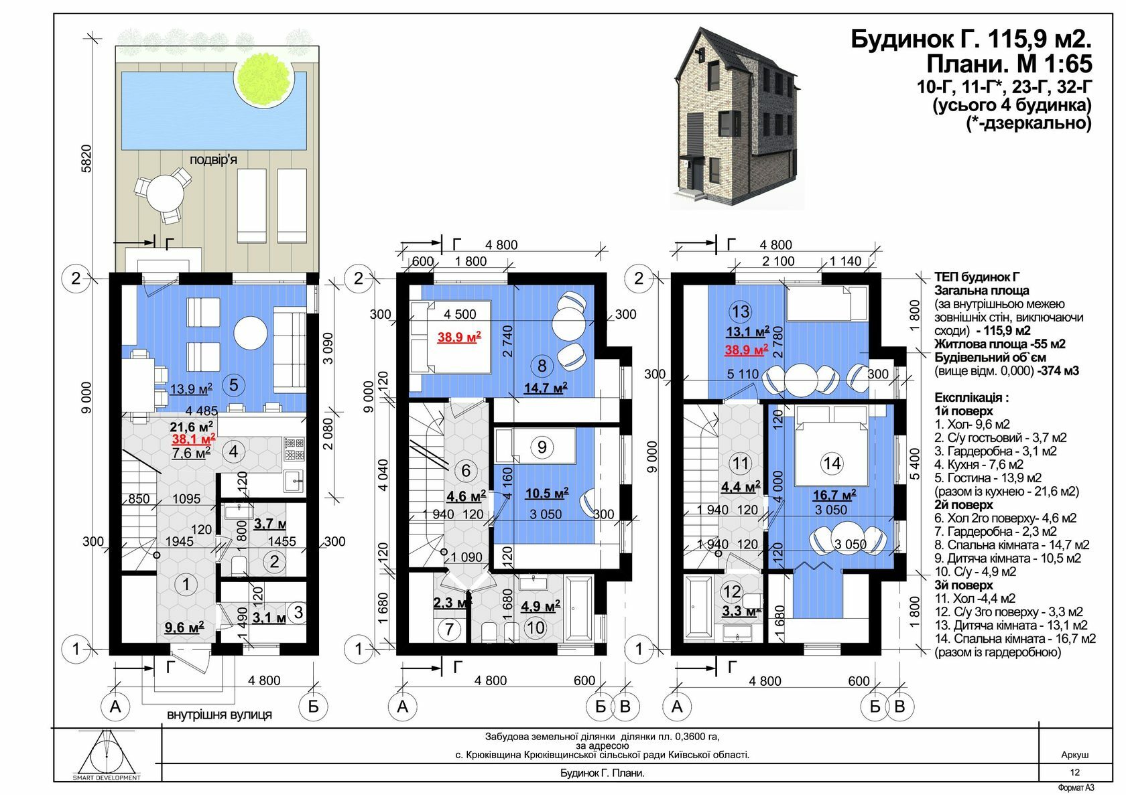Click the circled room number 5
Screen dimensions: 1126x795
[x=233, y=385]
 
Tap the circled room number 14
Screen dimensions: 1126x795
[x=832, y=463]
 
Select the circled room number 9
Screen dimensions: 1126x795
[x=542, y=447]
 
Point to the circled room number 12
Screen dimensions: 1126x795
[x=732, y=591]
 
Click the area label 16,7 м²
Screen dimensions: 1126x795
[x=835, y=495]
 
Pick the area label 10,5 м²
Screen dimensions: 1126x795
[x=547, y=493]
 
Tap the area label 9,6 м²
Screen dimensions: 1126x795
[x=184, y=627]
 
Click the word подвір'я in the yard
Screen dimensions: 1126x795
[x=213, y=159]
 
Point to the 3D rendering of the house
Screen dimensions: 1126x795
[x=737, y=119]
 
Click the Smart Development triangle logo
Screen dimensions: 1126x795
[x=107, y=754]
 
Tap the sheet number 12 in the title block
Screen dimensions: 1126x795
[x=1075, y=772]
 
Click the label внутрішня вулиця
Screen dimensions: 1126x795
[x=219, y=714]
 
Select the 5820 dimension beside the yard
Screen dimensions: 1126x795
[x=86, y=159]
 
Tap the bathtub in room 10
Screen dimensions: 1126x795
[x=579, y=608]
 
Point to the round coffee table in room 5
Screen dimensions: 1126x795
[x=251, y=333]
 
